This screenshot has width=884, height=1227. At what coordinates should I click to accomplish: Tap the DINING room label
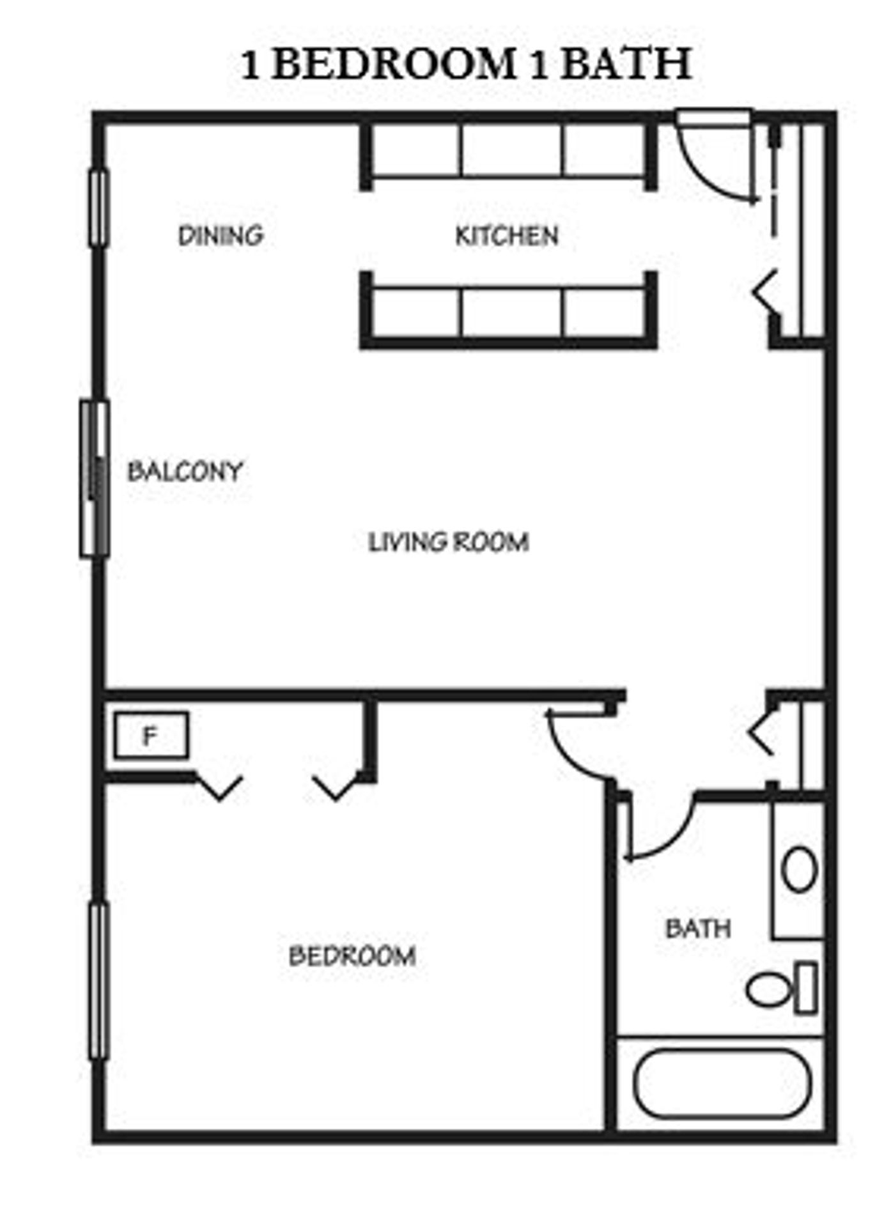[221, 235]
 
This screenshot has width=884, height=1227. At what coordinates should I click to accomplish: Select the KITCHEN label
[507, 235]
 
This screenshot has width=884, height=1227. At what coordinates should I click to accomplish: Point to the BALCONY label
[185, 472]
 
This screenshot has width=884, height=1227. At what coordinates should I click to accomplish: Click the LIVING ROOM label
[449, 542]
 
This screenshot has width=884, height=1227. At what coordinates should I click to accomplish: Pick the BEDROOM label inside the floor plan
[352, 956]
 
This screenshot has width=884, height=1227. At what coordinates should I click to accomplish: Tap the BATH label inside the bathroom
[698, 929]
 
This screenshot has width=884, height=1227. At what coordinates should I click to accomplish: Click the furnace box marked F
[151, 736]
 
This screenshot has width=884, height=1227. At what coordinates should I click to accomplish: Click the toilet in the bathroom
[780, 989]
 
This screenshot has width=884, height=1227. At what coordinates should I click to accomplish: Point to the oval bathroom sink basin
[799, 869]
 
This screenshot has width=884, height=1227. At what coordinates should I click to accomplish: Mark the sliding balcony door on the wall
[95, 479]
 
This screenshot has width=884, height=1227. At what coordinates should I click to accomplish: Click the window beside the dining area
[98, 208]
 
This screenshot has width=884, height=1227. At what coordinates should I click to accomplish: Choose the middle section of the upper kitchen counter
[511, 150]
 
